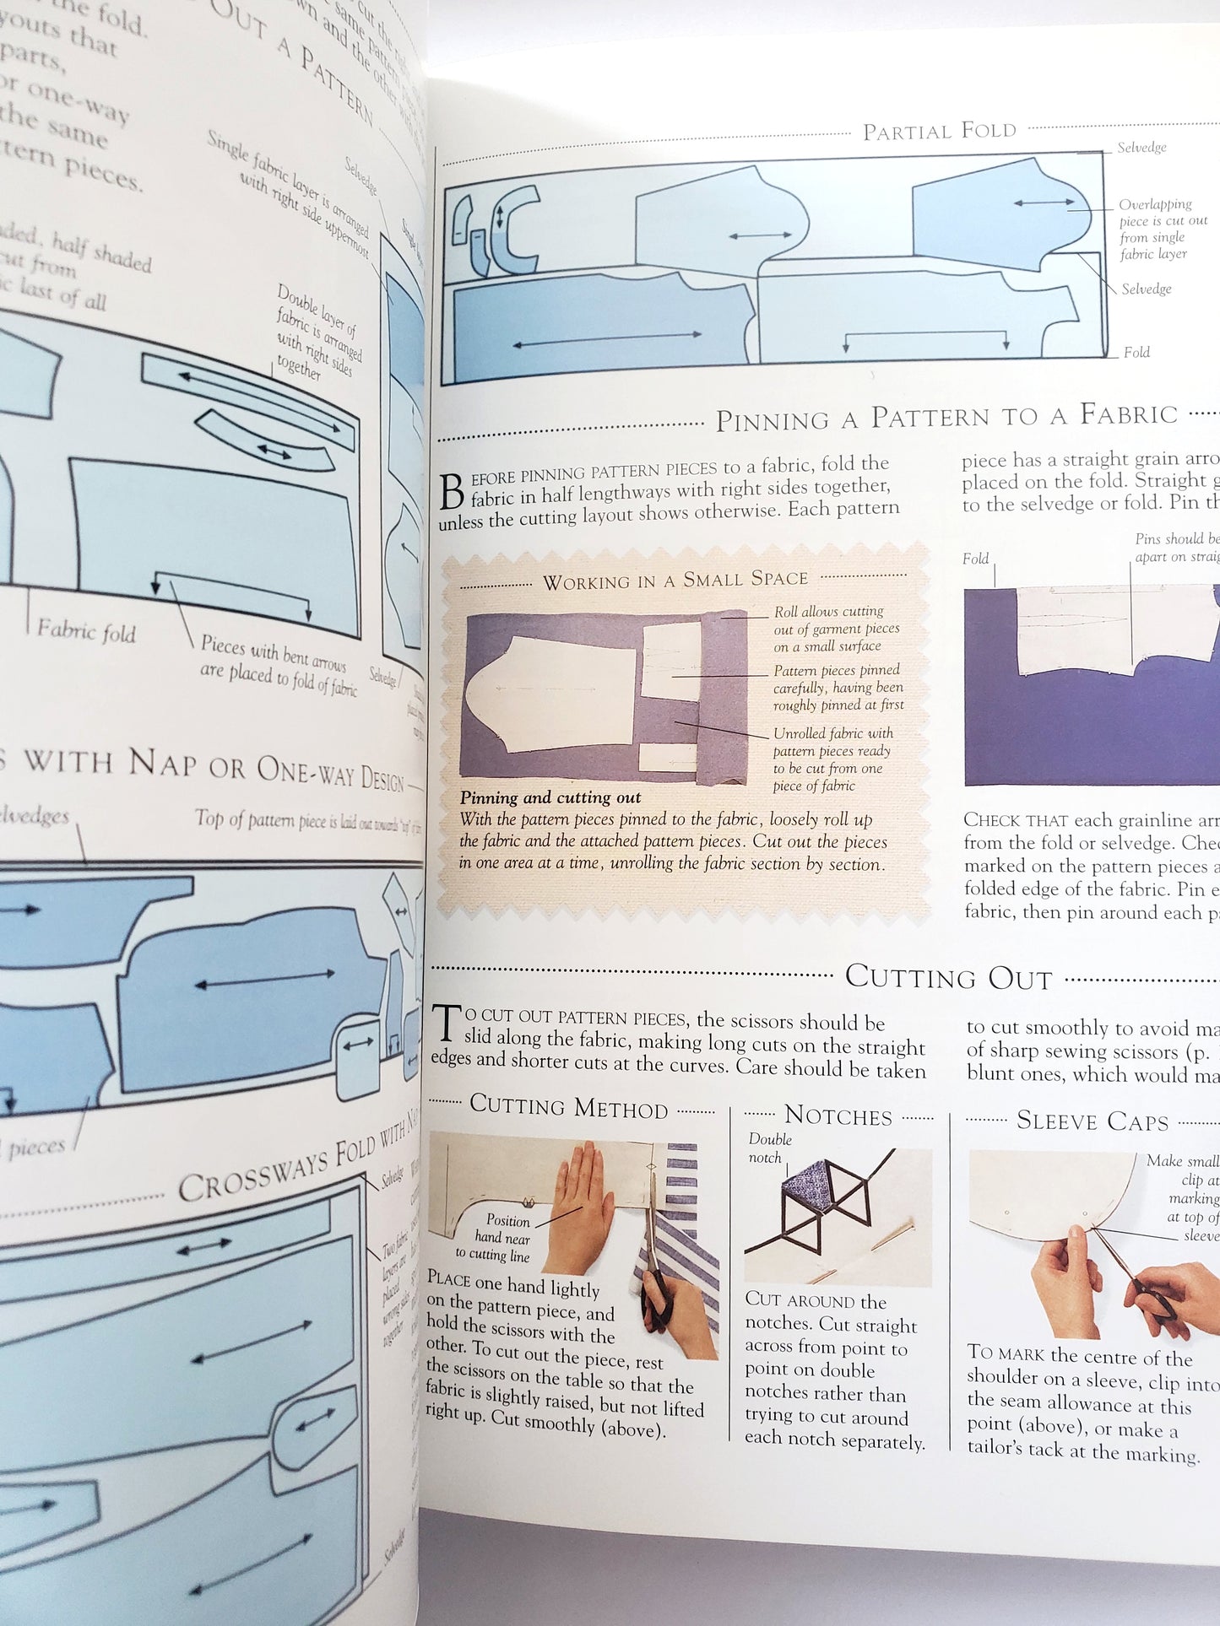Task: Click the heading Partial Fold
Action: [939, 132]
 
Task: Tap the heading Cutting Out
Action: [948, 977]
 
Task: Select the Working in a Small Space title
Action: [675, 581]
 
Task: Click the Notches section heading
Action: [838, 1116]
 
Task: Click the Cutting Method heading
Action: [568, 1106]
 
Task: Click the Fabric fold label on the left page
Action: [86, 630]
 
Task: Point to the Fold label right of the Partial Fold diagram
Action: [1136, 353]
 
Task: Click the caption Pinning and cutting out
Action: [550, 797]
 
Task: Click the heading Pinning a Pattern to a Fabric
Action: [946, 417]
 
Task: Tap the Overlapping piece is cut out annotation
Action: [1162, 229]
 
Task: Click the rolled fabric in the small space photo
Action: [724, 696]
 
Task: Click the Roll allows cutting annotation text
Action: [836, 629]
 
